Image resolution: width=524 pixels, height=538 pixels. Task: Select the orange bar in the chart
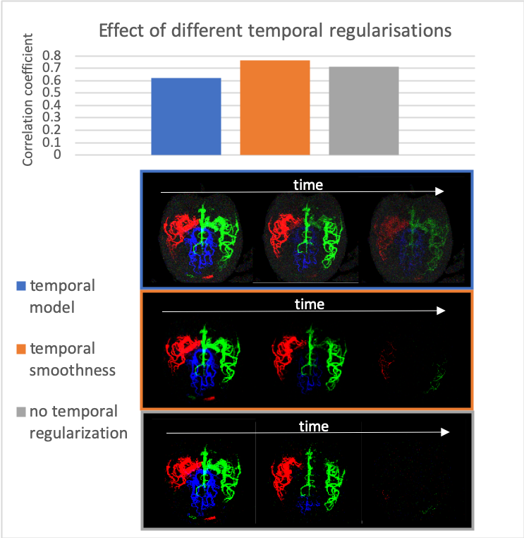[275, 107]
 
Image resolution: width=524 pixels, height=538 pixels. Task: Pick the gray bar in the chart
[364, 111]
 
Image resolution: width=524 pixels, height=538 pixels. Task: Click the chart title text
[274, 31]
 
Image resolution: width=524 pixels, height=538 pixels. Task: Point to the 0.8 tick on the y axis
[53, 56]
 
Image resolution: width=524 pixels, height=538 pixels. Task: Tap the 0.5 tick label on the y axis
[53, 93]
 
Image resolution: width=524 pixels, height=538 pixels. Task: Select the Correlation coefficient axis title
[28, 108]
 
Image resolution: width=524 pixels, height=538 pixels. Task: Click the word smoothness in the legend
[72, 369]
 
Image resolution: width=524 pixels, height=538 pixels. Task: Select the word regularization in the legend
[78, 432]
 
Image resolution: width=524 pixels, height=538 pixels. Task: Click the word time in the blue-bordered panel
[308, 185]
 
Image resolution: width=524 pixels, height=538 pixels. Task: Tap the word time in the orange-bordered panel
[310, 304]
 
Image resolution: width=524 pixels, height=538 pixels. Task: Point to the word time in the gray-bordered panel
[314, 426]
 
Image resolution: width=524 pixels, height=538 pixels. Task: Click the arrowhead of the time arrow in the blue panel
[440, 191]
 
